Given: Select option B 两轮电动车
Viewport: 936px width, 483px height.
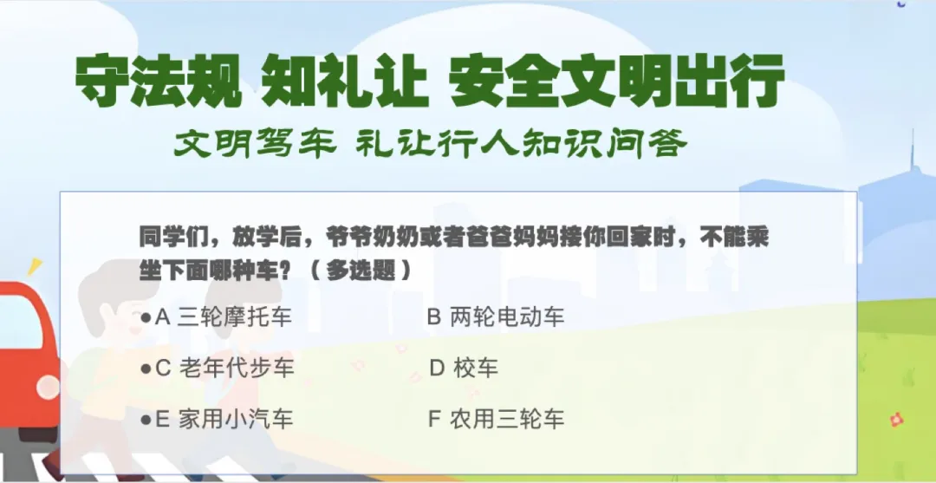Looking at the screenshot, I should [496, 317].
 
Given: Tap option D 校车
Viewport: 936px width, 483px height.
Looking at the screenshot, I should [465, 368].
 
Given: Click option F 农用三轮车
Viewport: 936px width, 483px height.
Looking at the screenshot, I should [496, 420].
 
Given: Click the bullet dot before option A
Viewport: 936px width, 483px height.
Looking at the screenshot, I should [146, 317].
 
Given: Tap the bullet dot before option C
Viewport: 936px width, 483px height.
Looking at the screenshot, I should [146, 369].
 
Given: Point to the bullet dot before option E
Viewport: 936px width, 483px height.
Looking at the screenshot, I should [146, 420].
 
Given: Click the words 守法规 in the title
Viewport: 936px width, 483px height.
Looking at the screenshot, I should [157, 82].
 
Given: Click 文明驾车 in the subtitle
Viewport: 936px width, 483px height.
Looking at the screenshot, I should [254, 143].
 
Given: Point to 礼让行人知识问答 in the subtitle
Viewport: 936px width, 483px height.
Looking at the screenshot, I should [521, 143].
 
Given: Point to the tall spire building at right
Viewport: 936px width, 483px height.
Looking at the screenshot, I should [911, 173].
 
